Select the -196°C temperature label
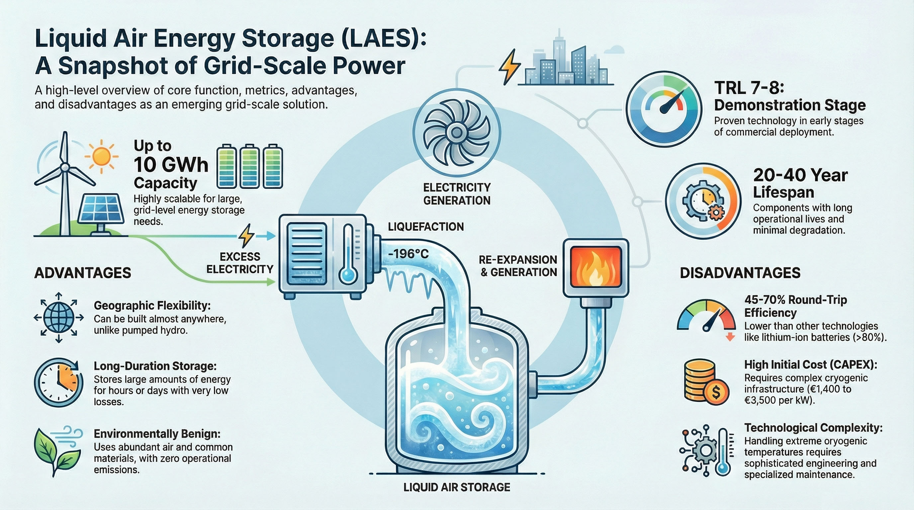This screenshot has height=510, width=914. coord(409,254)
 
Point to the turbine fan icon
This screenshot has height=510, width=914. coord(456,133)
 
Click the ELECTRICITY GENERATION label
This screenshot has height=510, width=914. coord(457,194)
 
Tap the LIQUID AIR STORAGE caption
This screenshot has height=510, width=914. coord(457,487)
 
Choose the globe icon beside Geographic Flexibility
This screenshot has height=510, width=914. coord(59,317)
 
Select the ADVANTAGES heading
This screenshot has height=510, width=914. coord(83,273)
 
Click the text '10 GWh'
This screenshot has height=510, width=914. coord(171,165)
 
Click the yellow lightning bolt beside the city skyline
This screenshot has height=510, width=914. coord(509,66)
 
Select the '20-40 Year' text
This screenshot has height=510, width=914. coord(800,175)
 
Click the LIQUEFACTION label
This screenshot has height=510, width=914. coord(426,227)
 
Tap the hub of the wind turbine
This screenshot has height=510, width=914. coord(64,167)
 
